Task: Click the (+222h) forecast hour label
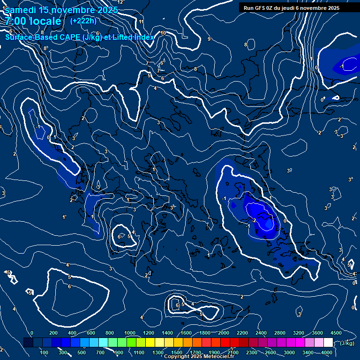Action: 83,21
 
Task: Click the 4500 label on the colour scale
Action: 336,333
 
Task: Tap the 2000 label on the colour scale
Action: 224,333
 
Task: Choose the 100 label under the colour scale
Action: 45,352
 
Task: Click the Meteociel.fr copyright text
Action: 199,357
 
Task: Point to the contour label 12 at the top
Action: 120,2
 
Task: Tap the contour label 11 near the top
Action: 141,22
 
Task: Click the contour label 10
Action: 163,33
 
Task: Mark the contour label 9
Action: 209,39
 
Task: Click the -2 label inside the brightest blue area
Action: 254,220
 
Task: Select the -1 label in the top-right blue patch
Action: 342,67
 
